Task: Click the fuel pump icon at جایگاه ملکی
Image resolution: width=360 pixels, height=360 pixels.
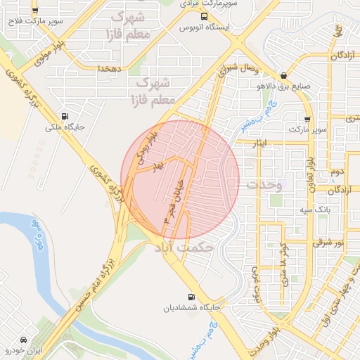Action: [x=65, y=117]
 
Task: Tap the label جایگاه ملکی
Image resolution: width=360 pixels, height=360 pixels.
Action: [x=65, y=129]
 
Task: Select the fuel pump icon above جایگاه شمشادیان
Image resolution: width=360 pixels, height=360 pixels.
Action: [x=191, y=297]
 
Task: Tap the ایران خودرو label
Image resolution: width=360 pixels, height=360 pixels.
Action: [x=25, y=349]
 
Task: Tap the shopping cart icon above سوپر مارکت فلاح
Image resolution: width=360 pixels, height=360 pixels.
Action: [x=35, y=11]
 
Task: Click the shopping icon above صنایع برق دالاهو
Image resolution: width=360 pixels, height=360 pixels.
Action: [x=283, y=76]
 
